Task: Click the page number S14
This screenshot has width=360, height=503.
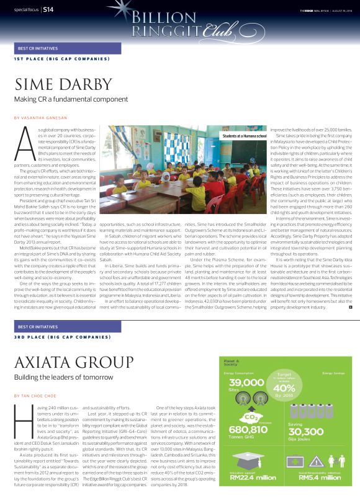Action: coord(48,10)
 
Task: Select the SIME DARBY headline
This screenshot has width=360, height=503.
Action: coord(61,85)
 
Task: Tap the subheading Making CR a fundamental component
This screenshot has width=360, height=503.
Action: coord(67,99)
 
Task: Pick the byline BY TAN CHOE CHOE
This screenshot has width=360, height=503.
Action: coord(36,394)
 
